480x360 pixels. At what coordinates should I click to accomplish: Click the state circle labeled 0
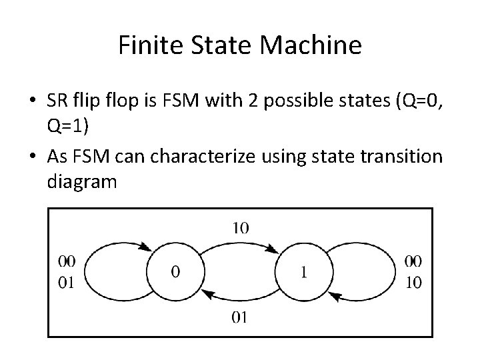[x=175, y=272]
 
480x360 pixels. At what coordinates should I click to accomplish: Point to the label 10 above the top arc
[x=241, y=228]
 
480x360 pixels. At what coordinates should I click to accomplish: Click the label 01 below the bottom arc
[x=240, y=317]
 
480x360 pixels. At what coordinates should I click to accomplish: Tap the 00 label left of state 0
[x=67, y=261]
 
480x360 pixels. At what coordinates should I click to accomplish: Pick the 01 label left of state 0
[x=67, y=283]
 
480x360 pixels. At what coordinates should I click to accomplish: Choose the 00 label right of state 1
[x=413, y=261]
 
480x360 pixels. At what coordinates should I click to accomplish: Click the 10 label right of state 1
[x=413, y=283]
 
